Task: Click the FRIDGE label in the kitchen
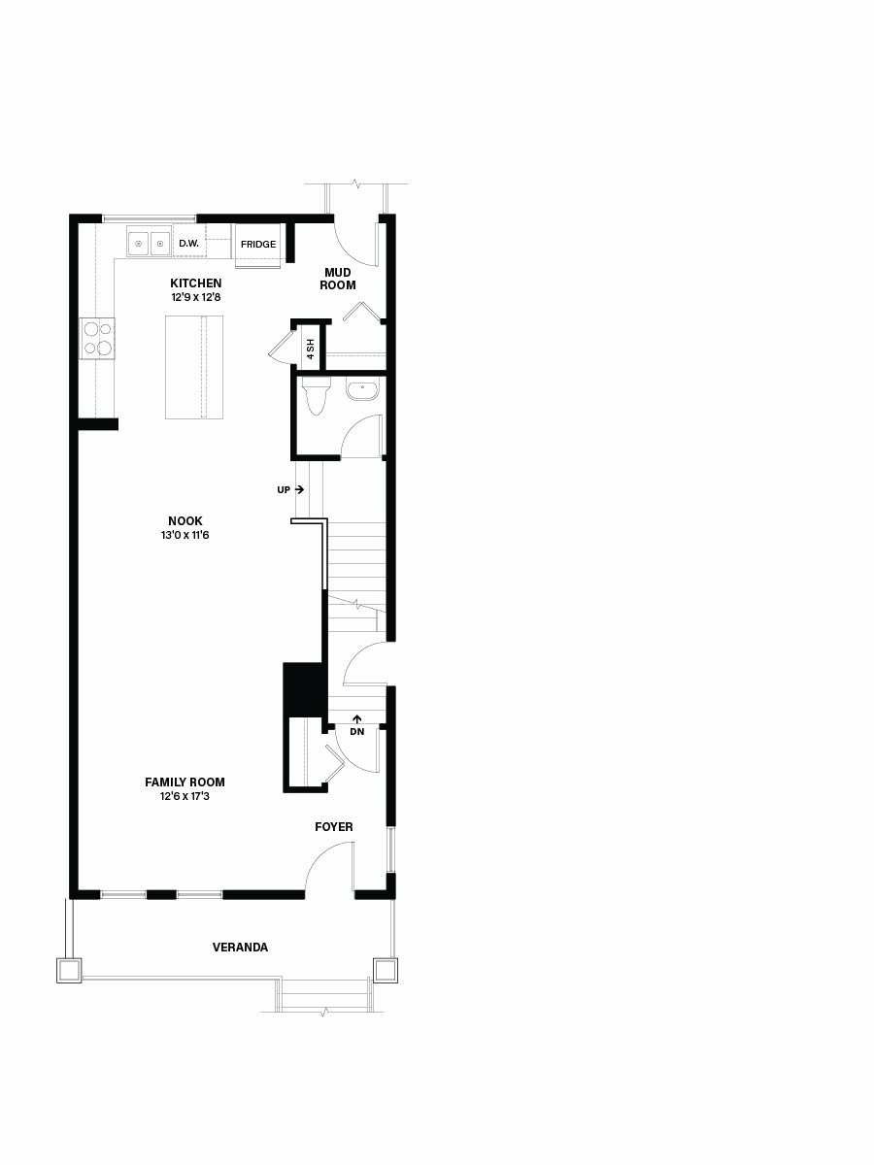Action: [x=258, y=244]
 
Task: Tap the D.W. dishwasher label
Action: [x=189, y=244]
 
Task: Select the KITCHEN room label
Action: [x=196, y=283]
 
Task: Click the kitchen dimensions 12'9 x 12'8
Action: [x=196, y=297]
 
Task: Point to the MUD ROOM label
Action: [x=338, y=279]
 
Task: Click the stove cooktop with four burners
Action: [x=98, y=338]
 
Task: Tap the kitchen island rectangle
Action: [x=193, y=367]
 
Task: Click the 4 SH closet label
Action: [x=311, y=349]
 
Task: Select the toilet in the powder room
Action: [x=317, y=396]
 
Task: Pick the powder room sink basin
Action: [x=363, y=390]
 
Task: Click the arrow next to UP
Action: [x=300, y=489]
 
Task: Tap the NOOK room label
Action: [x=185, y=520]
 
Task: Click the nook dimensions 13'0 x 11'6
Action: [x=185, y=535]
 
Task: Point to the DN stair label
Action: [x=357, y=731]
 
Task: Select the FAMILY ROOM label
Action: [x=185, y=782]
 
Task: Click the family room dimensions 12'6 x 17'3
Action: [x=185, y=796]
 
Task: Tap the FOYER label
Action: [x=334, y=827]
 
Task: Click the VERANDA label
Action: [x=241, y=948]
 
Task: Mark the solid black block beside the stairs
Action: [x=303, y=689]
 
